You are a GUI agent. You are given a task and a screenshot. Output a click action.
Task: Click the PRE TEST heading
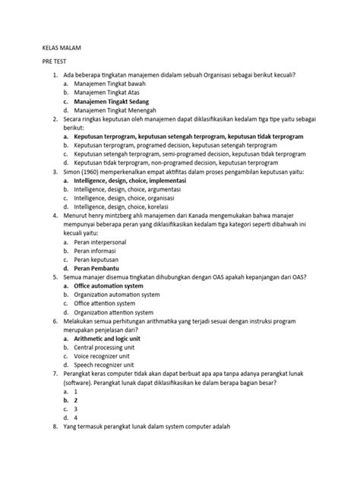click(x=55, y=65)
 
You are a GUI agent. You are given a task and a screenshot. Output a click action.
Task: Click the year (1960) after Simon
click(x=93, y=173)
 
